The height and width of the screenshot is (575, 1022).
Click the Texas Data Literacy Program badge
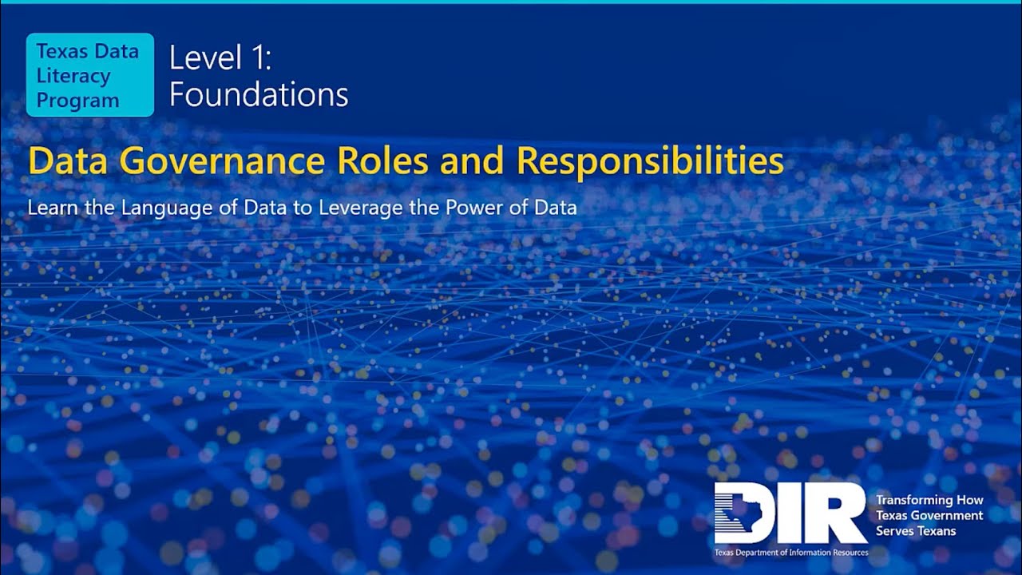click(89, 75)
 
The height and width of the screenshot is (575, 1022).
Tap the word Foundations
click(259, 95)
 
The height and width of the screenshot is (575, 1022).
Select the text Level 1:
click(221, 59)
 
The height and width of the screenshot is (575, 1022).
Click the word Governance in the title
click(225, 162)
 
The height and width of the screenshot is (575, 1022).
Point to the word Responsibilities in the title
click(649, 162)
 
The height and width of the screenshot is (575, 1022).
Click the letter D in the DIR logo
click(743, 513)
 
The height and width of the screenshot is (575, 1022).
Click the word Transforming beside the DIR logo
click(912, 500)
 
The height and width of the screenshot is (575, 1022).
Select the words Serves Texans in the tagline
click(915, 530)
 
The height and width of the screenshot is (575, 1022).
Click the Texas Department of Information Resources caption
click(790, 553)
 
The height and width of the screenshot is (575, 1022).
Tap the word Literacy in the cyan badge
click(73, 76)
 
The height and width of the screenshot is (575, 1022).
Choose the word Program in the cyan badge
click(77, 101)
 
